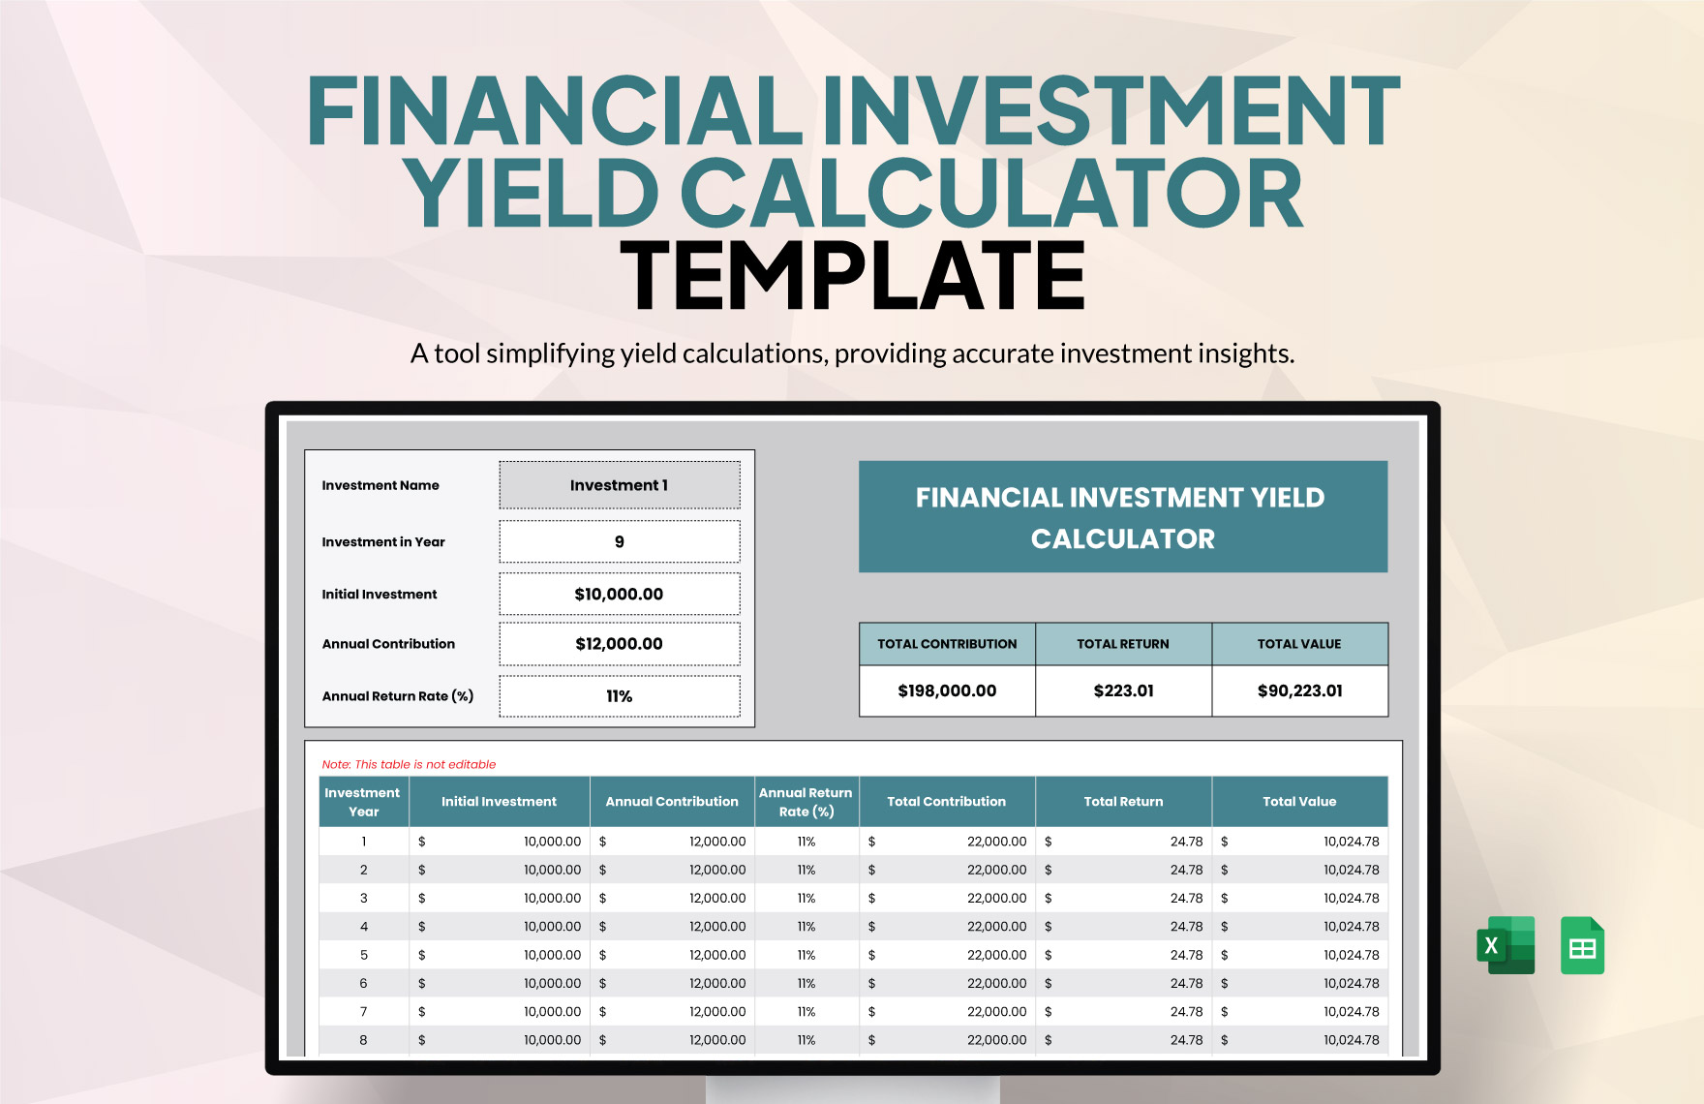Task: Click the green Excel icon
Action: (x=1506, y=945)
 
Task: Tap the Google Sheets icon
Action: (x=1582, y=945)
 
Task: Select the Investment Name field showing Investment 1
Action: (x=620, y=485)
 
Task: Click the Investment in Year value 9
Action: (x=620, y=542)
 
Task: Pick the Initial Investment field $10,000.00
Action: (x=620, y=595)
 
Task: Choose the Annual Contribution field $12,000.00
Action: (x=620, y=644)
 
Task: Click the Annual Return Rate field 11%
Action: (x=620, y=696)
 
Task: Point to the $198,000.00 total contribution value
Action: (x=947, y=690)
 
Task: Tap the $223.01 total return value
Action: (x=1123, y=690)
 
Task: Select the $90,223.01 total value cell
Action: (x=1299, y=690)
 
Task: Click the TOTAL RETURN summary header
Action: (x=1123, y=644)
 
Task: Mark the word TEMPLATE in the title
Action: (x=852, y=276)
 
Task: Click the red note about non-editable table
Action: (x=409, y=764)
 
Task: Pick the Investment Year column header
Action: (x=363, y=802)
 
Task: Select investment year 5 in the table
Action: (x=364, y=955)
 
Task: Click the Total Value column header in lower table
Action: (x=1299, y=802)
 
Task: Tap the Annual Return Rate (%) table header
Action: (x=806, y=802)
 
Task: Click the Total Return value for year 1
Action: (x=1186, y=842)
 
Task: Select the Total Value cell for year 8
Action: (x=1351, y=1040)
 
